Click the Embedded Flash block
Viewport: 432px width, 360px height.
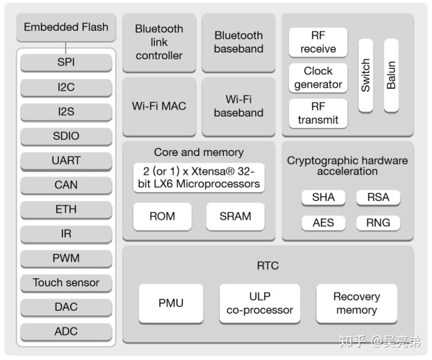pos(66,27)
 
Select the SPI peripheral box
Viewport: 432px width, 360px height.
pos(66,62)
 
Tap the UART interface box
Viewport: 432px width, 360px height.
pos(66,160)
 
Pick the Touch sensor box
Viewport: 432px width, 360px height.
pos(66,283)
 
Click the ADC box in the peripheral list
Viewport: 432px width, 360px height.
pos(66,331)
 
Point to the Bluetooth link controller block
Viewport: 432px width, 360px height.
pos(159,42)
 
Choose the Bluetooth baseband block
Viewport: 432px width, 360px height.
pos(238,42)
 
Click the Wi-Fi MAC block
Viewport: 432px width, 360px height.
pos(159,106)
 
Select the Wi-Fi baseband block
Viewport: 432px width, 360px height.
pos(238,106)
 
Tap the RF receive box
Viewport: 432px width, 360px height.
pos(318,43)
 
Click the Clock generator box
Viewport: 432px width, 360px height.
pos(318,78)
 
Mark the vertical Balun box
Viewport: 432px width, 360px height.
pos(391,75)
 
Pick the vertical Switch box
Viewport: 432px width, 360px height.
pos(365,75)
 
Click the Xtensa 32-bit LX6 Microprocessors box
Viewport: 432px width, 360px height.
pos(199,177)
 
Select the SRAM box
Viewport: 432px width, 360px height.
pos(235,216)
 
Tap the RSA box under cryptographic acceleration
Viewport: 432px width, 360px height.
pos(378,197)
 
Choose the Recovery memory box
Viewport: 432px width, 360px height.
pos(356,304)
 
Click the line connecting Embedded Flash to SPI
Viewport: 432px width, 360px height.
pos(65,46)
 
